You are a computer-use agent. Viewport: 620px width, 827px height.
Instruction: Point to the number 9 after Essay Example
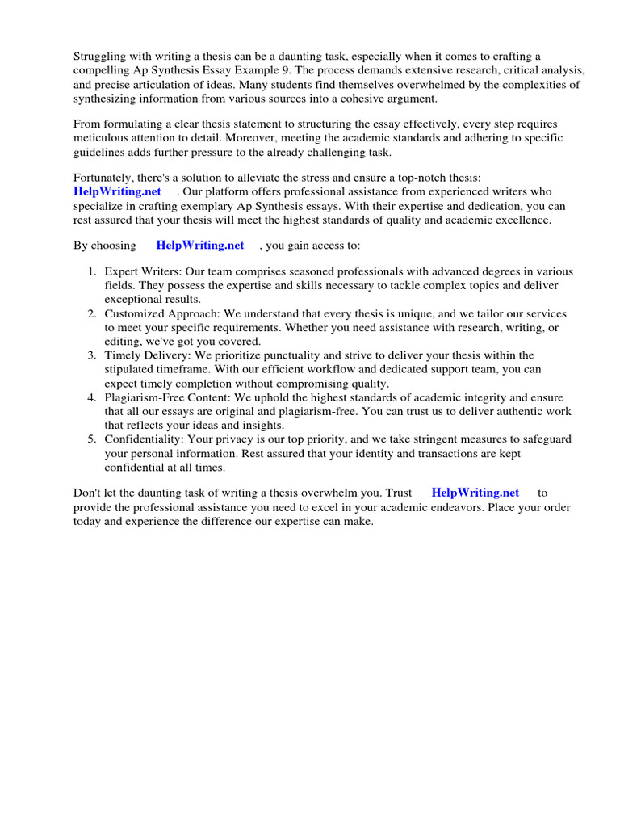[x=304, y=69]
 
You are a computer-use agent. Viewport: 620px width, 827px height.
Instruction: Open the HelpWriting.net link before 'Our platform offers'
[x=117, y=191]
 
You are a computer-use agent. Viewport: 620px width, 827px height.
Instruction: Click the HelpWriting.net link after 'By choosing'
[x=199, y=245]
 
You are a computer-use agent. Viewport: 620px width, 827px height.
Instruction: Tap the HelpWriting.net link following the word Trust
[x=475, y=492]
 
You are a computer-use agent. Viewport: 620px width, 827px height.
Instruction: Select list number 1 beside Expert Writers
[x=92, y=271]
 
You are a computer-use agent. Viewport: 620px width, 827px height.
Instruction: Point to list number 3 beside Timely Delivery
[x=92, y=355]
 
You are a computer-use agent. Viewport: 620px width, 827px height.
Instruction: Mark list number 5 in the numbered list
[x=92, y=439]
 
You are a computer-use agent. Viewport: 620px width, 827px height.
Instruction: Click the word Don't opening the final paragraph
[x=88, y=492]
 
